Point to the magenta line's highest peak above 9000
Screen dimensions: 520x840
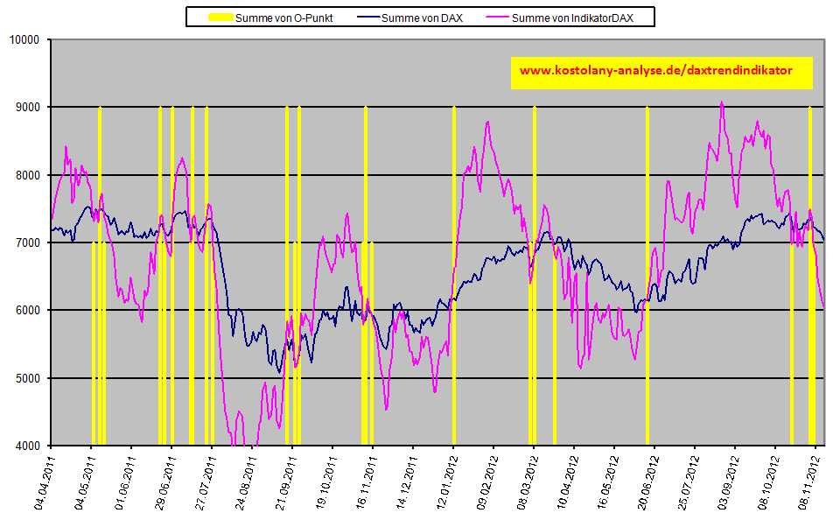tap(722, 102)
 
